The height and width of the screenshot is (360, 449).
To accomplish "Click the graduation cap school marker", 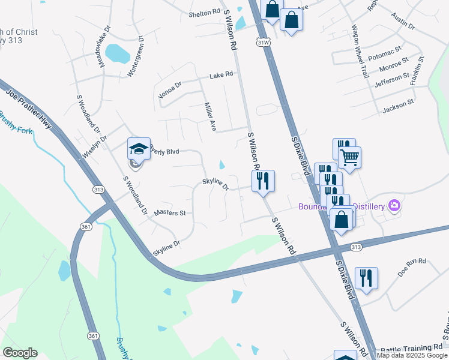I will pyautogui.click(x=139, y=149).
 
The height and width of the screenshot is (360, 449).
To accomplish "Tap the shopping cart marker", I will pyautogui.click(x=349, y=158).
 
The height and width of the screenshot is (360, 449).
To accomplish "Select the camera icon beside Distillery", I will pyautogui.click(x=394, y=206).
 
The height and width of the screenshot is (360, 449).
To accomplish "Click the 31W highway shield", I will pyautogui.click(x=263, y=43).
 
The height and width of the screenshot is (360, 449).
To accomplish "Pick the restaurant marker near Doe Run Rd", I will pyautogui.click(x=366, y=278).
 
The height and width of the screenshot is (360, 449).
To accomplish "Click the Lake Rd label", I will pyautogui.click(x=221, y=76).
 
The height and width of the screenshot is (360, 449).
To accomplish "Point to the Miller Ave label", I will pyautogui.click(x=209, y=116).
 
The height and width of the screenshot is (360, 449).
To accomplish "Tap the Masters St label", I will pyautogui.click(x=170, y=213).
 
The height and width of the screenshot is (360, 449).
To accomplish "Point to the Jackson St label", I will pyautogui.click(x=399, y=107).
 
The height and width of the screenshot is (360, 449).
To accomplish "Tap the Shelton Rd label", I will pyautogui.click(x=205, y=12).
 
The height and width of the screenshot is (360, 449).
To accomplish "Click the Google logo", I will pyautogui.click(x=20, y=353).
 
